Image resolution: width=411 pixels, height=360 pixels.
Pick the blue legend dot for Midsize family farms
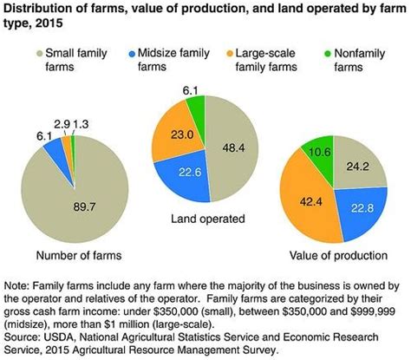[x=134, y=53]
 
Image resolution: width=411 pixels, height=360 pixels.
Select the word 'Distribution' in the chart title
[x=40, y=8]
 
